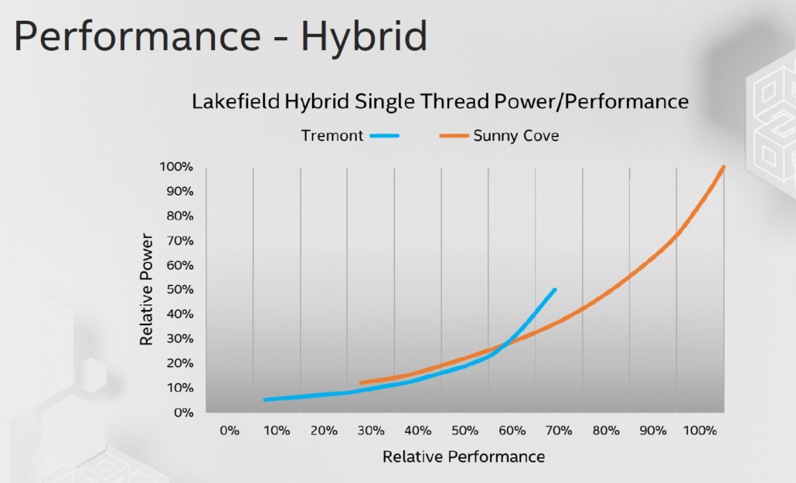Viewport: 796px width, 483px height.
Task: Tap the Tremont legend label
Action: (x=332, y=136)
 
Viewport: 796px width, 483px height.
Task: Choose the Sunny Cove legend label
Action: (x=516, y=136)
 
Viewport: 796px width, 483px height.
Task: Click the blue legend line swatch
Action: (x=385, y=136)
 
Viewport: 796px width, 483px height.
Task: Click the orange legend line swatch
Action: (x=454, y=136)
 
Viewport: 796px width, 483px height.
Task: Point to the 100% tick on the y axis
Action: (x=176, y=167)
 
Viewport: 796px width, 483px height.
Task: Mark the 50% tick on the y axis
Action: (x=179, y=290)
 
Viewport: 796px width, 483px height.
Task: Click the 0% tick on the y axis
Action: (x=182, y=413)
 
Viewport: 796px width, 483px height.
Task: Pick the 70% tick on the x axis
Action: (x=559, y=430)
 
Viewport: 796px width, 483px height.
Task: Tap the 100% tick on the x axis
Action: (x=700, y=430)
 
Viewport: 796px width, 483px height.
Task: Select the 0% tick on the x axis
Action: (x=230, y=430)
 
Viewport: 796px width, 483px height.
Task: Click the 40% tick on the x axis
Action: (x=417, y=430)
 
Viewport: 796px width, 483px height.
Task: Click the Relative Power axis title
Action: (x=146, y=290)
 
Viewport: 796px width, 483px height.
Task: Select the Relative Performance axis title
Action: (x=464, y=457)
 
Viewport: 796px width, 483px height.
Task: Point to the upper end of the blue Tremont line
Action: (x=554, y=290)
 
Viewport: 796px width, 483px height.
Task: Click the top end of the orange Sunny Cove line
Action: (x=723, y=167)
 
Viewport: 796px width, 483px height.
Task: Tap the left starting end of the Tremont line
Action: (x=265, y=400)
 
